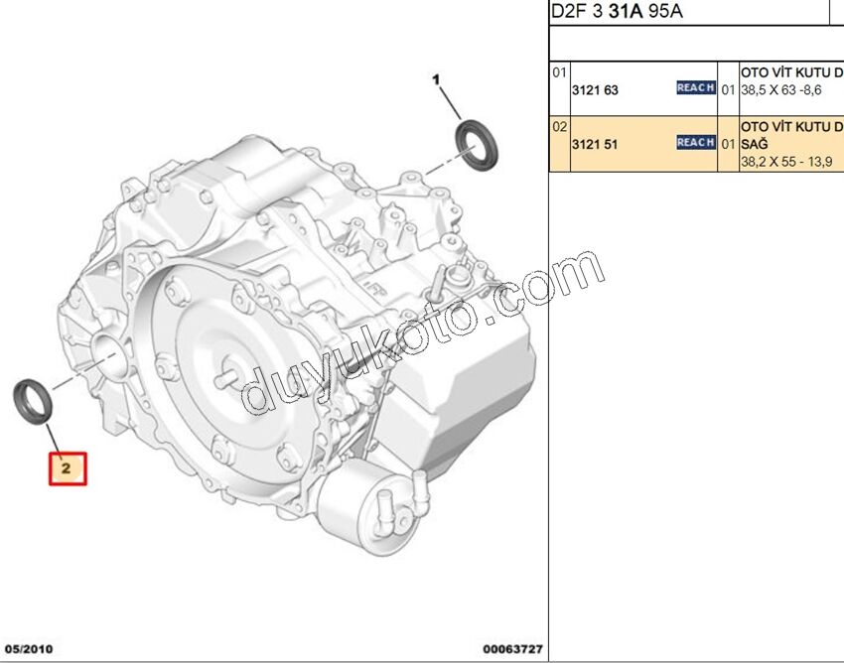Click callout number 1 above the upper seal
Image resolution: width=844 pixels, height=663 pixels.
pyautogui.click(x=436, y=80)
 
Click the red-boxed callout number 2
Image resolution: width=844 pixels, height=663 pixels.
pyautogui.click(x=68, y=468)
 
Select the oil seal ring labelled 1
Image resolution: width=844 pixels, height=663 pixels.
pyautogui.click(x=477, y=145)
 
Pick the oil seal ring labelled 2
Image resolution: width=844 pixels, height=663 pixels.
pyautogui.click(x=33, y=401)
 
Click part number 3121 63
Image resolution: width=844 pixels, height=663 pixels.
pyautogui.click(x=595, y=90)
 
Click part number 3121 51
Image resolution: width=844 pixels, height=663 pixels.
pyautogui.click(x=594, y=144)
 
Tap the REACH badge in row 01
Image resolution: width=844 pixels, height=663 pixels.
pyautogui.click(x=696, y=87)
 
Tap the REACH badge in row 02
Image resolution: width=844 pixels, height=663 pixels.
pyautogui.click(x=696, y=142)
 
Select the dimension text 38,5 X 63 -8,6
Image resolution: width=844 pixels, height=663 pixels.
pyautogui.click(x=781, y=90)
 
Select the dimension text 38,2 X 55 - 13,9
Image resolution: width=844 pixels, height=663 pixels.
pyautogui.click(x=786, y=162)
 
